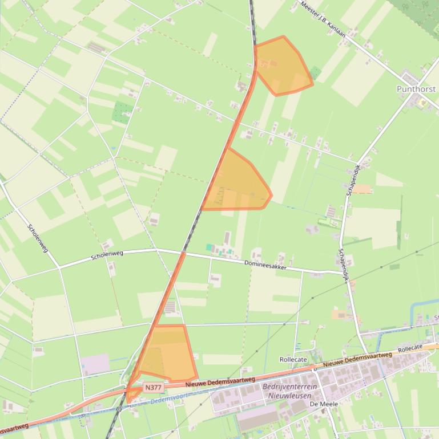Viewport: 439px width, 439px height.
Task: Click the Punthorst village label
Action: tap(416, 90)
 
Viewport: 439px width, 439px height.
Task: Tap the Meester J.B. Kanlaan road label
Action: tap(324, 19)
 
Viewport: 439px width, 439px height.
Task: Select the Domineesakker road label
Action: tap(265, 265)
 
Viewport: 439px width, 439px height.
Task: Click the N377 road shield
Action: tap(153, 388)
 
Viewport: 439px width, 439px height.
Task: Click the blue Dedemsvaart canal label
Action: tap(171, 398)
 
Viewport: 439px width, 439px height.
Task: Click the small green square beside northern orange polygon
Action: tap(315, 73)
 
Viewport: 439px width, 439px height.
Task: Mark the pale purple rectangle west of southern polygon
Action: tap(95, 364)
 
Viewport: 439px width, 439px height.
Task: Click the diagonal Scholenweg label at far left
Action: tap(38, 238)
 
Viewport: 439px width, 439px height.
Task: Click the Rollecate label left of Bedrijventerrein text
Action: tap(293, 360)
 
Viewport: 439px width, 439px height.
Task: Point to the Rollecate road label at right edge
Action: tap(410, 348)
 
